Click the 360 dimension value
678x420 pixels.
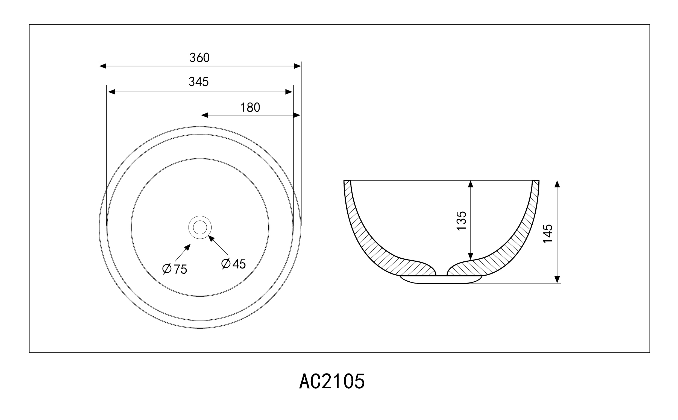coord(199,58)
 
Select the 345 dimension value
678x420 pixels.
coord(198,82)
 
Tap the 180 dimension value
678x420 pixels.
coord(250,107)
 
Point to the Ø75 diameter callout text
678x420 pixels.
coord(175,269)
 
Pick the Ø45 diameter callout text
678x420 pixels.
coord(233,264)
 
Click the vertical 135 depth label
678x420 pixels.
coord(461,221)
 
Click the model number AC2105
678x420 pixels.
coord(332,381)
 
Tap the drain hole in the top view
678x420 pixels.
coord(200,227)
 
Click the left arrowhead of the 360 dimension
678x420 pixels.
coord(103,66)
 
